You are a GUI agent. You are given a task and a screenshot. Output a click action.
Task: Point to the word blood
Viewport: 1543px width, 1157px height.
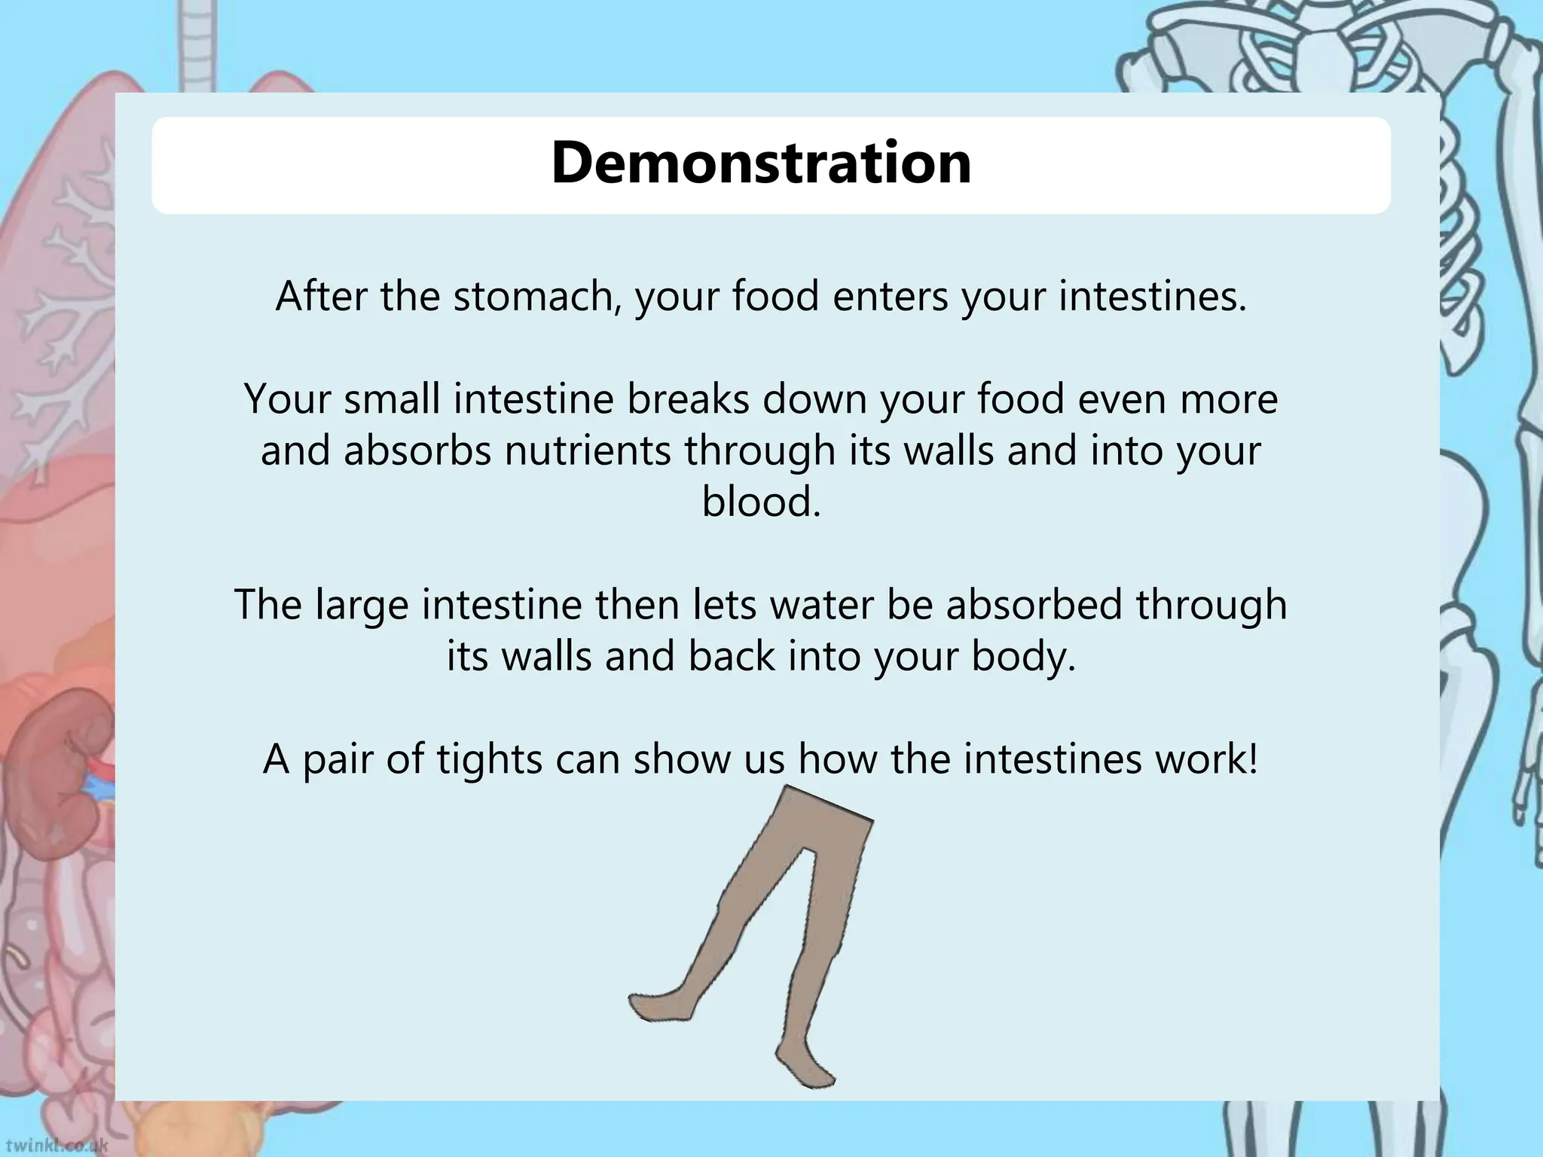point(761,502)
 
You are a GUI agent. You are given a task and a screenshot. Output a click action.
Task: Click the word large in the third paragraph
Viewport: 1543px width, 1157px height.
point(361,606)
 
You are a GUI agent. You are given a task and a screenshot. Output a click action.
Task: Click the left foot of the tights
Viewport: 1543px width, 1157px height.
point(652,1005)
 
